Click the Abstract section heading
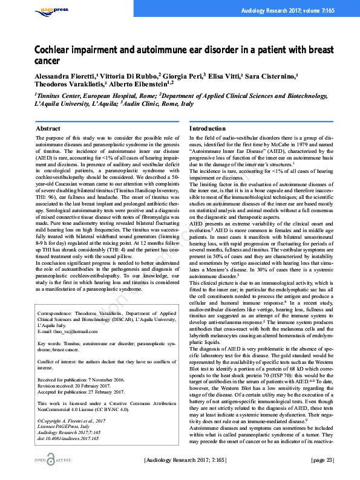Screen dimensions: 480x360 pos(48,129)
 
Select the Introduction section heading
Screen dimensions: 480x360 pos(208,129)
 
